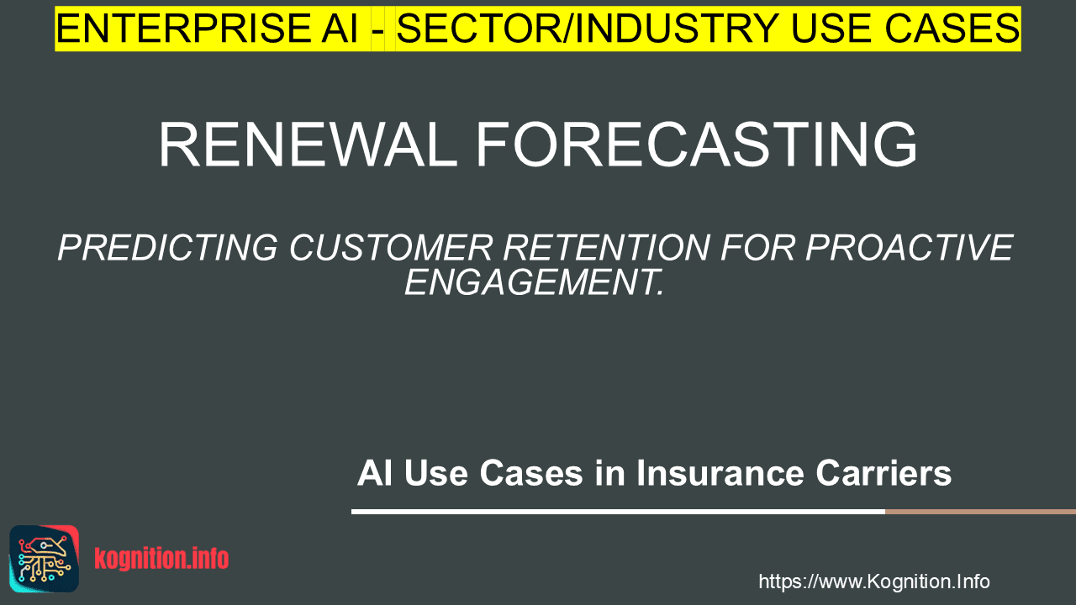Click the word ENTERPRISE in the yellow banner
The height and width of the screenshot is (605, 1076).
[183, 29]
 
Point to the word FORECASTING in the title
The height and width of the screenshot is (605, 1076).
[696, 144]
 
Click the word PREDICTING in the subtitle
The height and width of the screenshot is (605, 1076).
[167, 248]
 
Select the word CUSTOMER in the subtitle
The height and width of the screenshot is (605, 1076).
[391, 248]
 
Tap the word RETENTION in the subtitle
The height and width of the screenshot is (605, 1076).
[607, 248]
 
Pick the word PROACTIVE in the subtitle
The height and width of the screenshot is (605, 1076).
[910, 248]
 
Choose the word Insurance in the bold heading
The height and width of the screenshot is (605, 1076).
[720, 473]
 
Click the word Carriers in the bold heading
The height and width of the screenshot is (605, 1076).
[883, 473]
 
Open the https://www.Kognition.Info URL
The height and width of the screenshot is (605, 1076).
[874, 581]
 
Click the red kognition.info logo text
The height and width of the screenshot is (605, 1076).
[161, 559]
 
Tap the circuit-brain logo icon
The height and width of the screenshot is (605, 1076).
[45, 559]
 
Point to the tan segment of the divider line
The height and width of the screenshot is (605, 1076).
[980, 512]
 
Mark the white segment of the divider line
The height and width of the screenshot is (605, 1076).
[618, 512]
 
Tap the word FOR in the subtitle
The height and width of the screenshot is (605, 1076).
[758, 248]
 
